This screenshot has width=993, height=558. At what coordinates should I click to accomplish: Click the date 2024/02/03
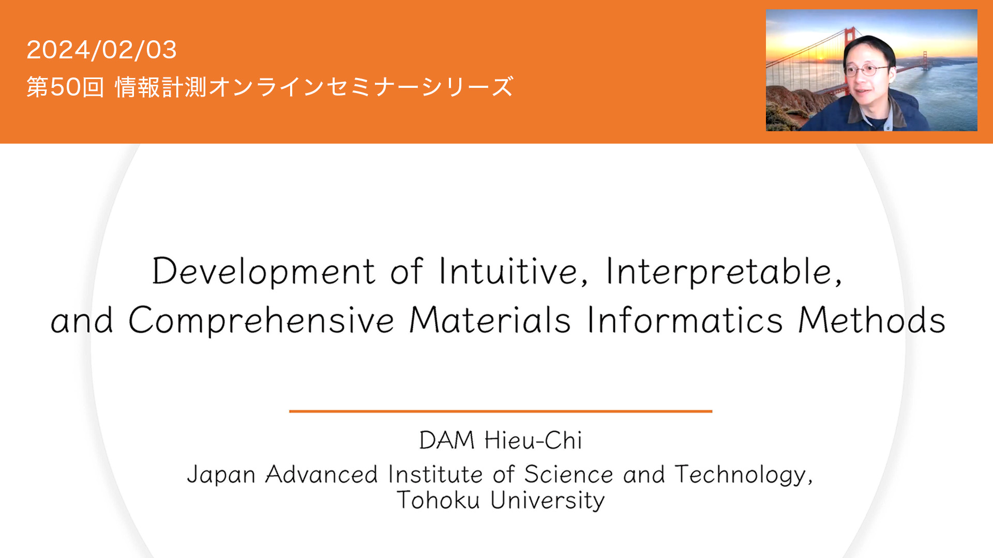pyautogui.click(x=101, y=50)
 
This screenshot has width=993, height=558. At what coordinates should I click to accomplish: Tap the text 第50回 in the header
pyautogui.click(x=65, y=87)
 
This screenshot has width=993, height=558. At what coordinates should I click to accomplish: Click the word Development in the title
pyautogui.click(x=263, y=271)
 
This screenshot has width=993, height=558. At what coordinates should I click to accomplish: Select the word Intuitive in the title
pyautogui.click(x=514, y=271)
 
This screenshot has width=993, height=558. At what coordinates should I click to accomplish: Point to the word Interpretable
pyautogui.click(x=724, y=271)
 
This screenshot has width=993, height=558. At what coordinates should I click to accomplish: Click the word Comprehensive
pyautogui.click(x=261, y=320)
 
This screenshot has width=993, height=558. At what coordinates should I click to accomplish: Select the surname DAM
pyautogui.click(x=447, y=440)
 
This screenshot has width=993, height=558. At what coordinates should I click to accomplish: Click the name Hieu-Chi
pyautogui.click(x=533, y=440)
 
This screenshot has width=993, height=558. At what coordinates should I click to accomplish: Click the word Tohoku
pyautogui.click(x=438, y=500)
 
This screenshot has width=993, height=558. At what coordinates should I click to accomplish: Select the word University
pyautogui.click(x=547, y=501)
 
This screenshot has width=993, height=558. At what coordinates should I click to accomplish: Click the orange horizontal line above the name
pyautogui.click(x=501, y=411)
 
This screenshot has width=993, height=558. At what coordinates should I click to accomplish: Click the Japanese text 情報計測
pyautogui.click(x=161, y=87)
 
